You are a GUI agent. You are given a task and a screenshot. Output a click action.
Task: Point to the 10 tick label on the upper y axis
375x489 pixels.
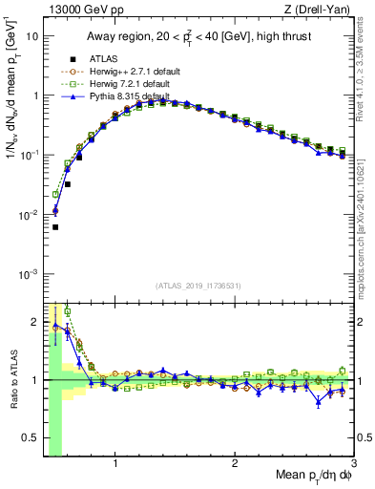(31, 36)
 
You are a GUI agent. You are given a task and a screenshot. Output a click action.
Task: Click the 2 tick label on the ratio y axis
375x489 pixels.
(34, 320)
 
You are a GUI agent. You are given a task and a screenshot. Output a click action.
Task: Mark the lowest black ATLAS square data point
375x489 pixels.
(55, 227)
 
